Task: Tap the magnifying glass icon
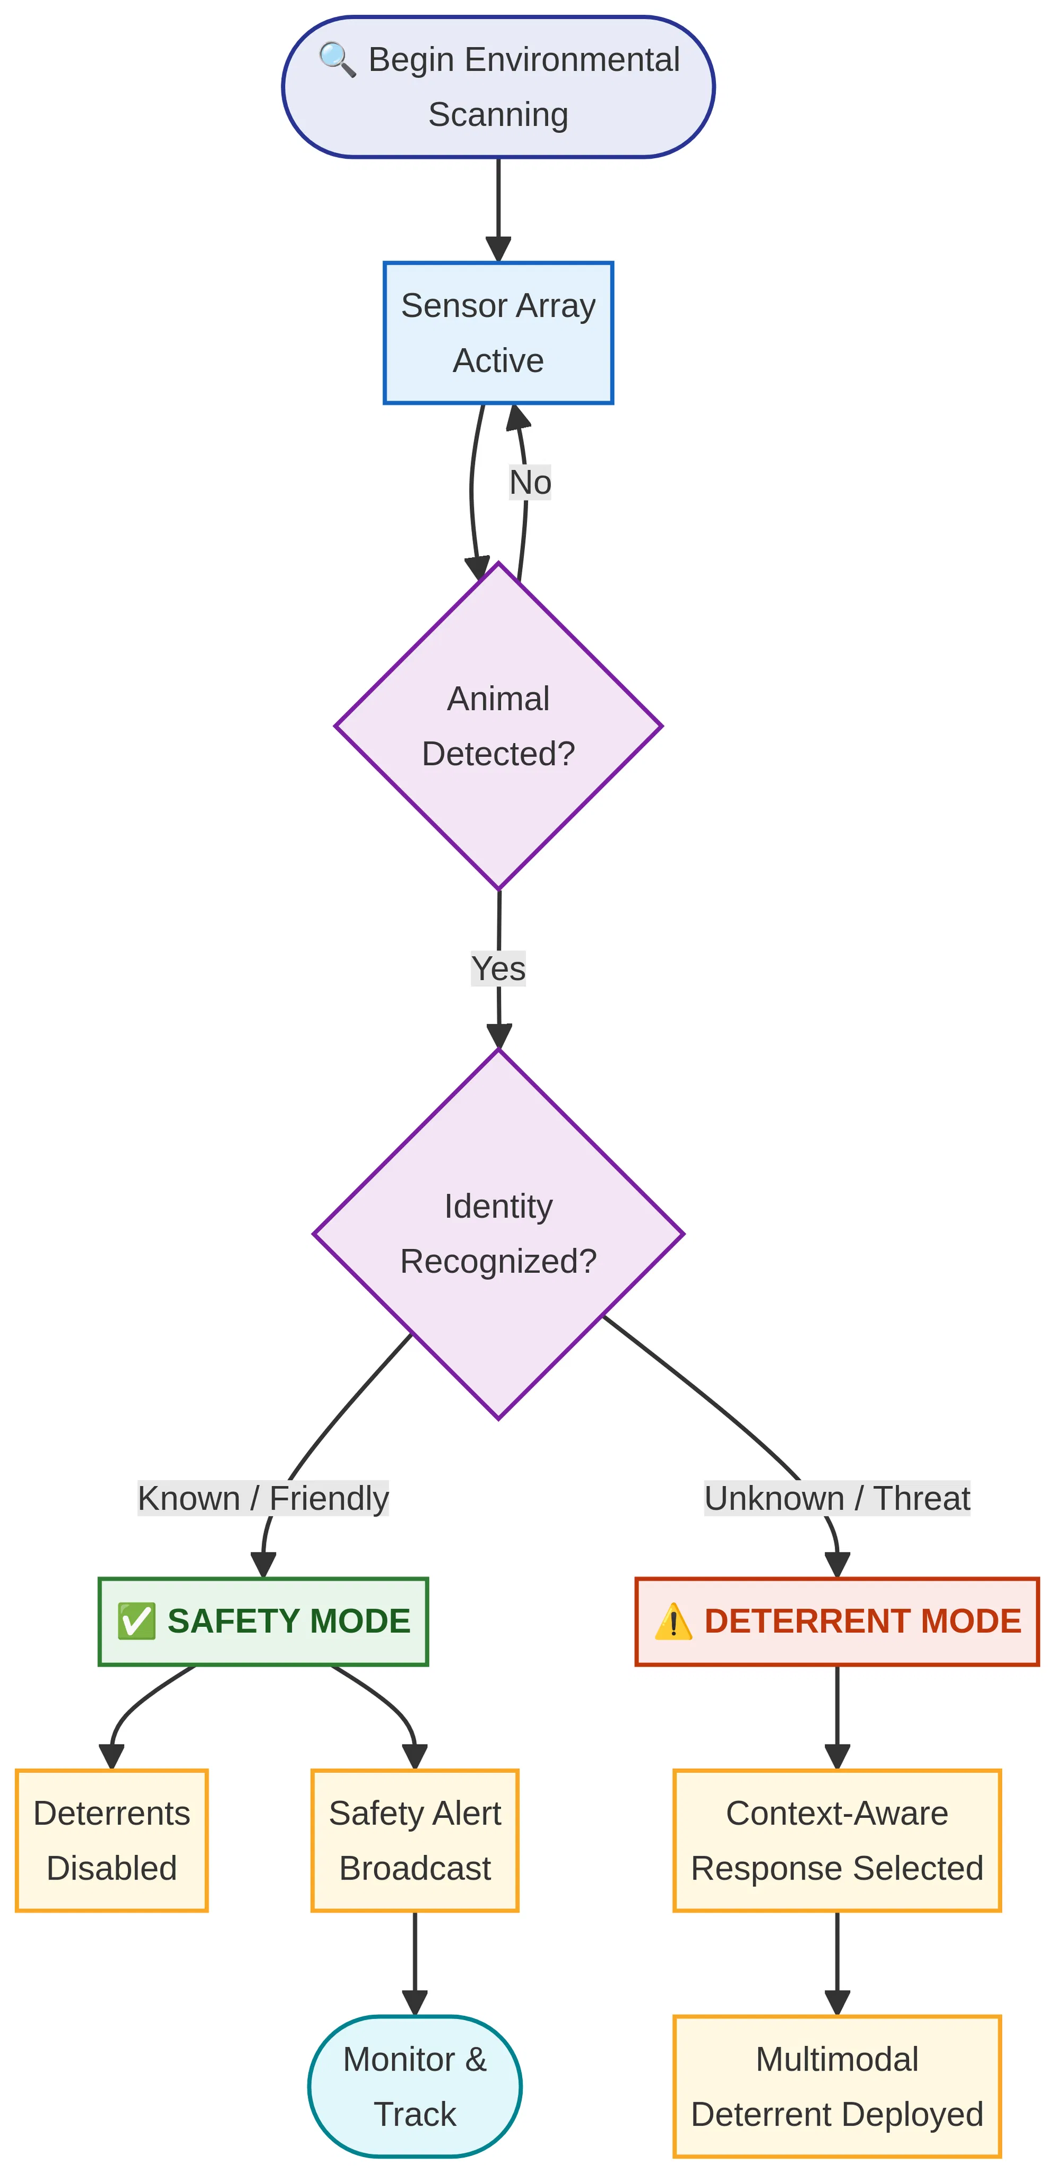[336, 60]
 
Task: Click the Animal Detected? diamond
[498, 726]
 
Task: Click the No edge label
[530, 483]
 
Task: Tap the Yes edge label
[498, 968]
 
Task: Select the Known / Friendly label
[263, 1498]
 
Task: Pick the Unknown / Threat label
[837, 1498]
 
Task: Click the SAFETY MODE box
[263, 1621]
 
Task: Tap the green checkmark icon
[136, 1621]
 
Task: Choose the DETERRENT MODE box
[837, 1621]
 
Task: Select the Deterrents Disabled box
[111, 1840]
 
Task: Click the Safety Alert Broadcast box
[414, 1840]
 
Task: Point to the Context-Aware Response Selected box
[837, 1840]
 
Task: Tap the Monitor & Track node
[414, 2086]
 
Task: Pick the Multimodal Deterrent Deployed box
[837, 2086]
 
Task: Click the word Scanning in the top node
[498, 115]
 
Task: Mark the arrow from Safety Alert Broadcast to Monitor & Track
[414, 1963]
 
